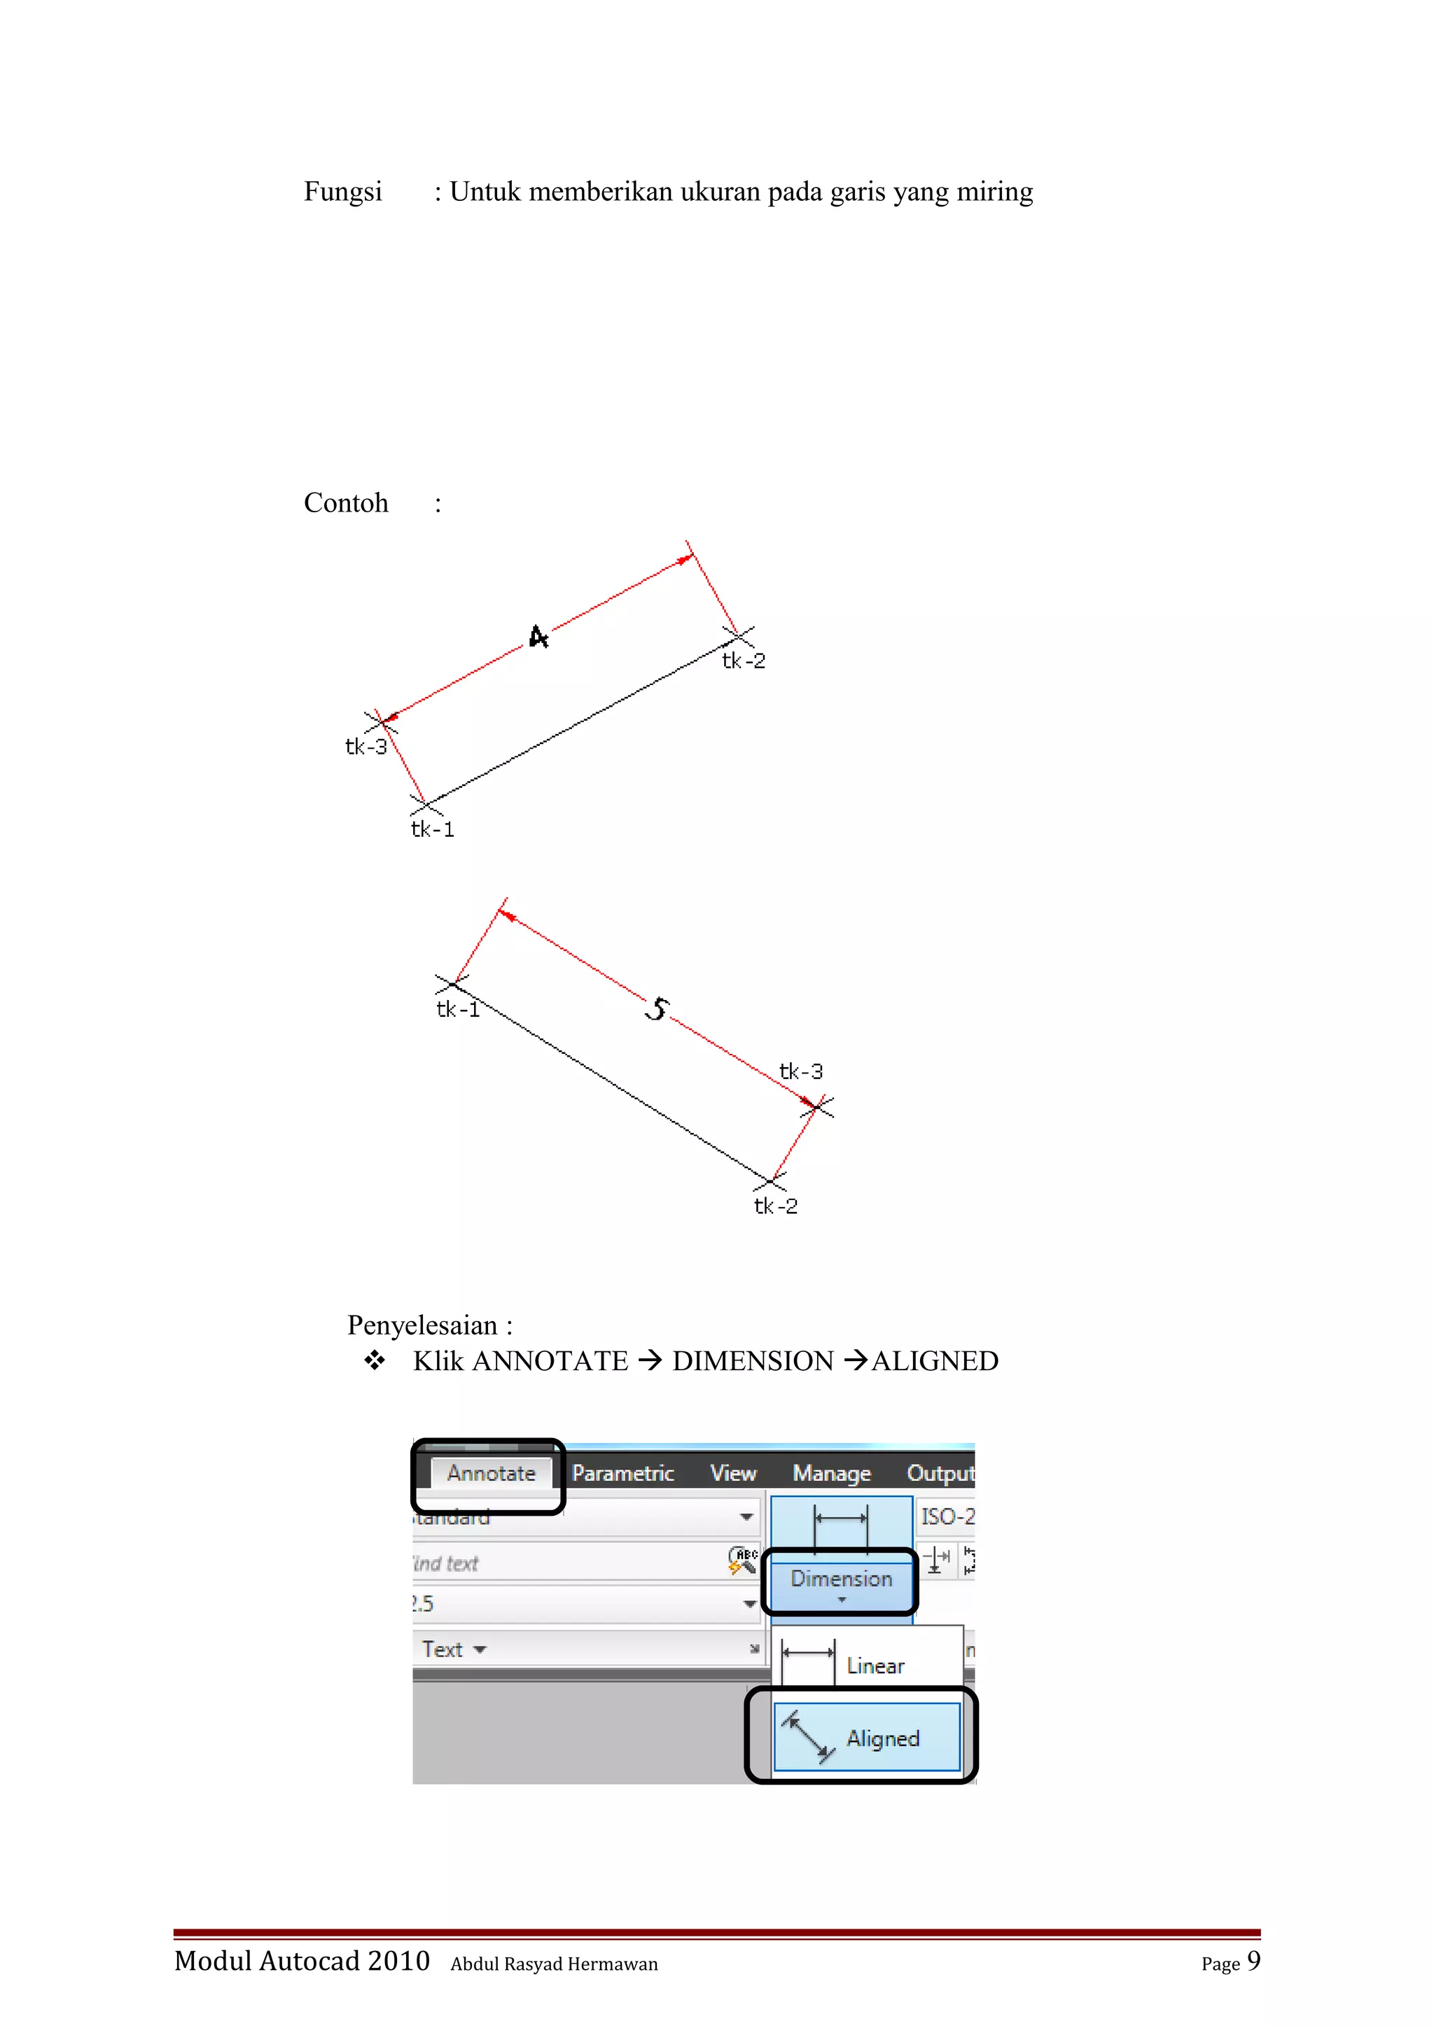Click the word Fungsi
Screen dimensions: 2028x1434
point(343,192)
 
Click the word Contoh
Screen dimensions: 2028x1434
point(345,502)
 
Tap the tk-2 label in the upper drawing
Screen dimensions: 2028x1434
point(743,661)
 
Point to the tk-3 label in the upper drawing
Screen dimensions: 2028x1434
point(366,747)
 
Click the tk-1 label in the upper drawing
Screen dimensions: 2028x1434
point(432,829)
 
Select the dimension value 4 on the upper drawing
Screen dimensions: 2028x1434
point(538,637)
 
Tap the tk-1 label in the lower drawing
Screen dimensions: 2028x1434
point(458,1010)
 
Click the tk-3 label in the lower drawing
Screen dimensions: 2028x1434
point(800,1071)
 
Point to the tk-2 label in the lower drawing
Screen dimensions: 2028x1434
point(775,1206)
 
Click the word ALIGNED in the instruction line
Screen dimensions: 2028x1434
point(935,1361)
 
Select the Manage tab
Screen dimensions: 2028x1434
point(830,1473)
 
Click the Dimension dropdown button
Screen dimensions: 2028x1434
point(840,1582)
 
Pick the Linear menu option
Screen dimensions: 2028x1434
point(874,1666)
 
